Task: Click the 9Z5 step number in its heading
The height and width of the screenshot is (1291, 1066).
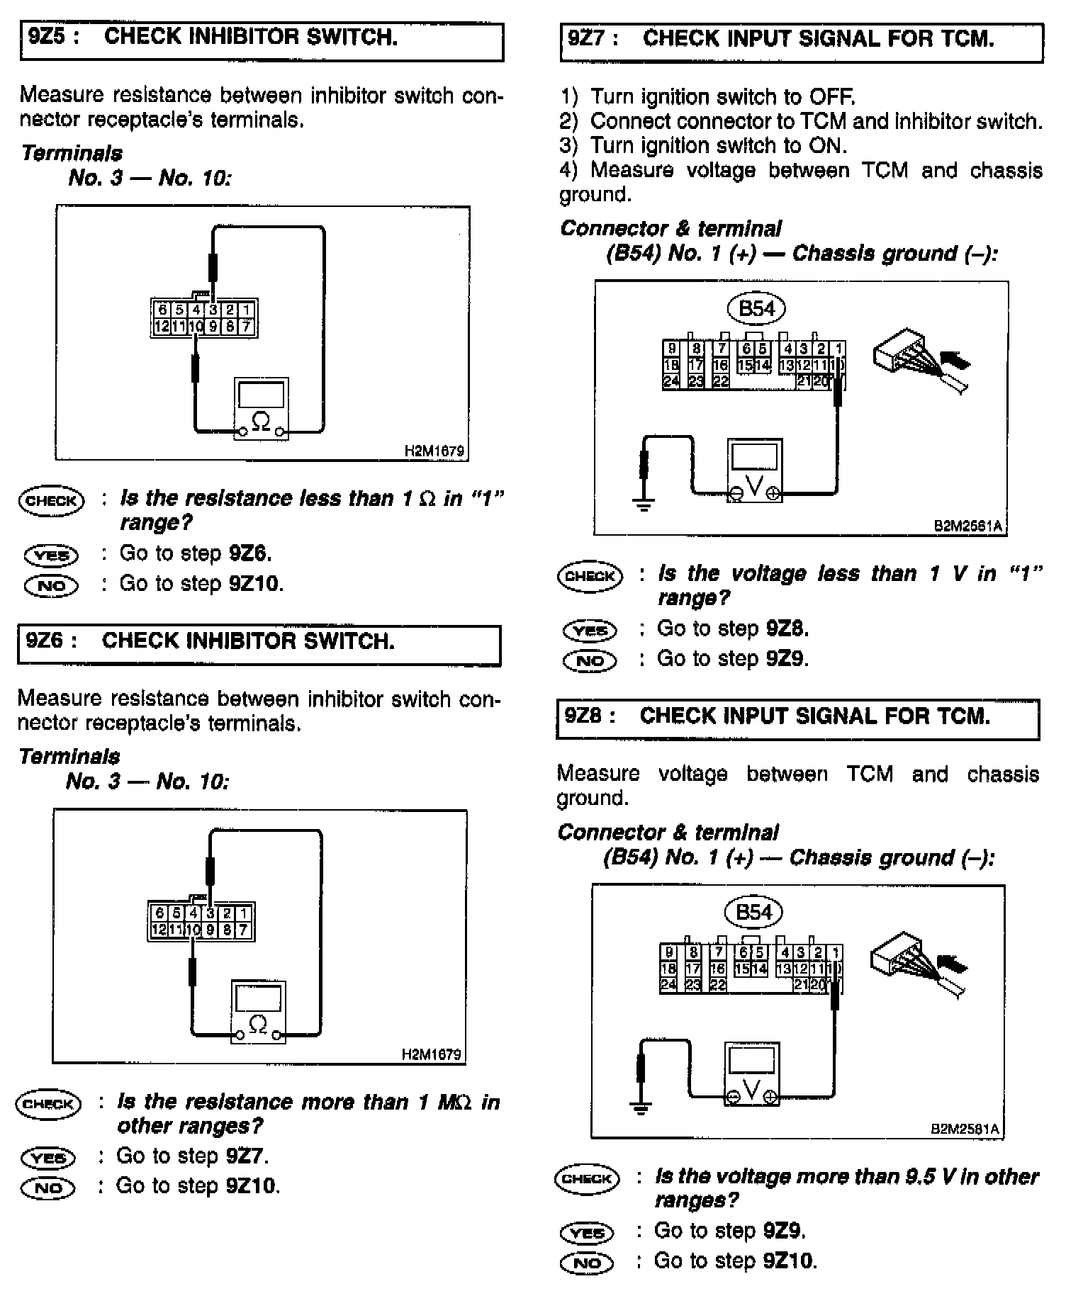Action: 46,38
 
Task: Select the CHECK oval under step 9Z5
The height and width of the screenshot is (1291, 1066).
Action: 51,501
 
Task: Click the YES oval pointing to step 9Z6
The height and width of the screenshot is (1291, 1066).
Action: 51,555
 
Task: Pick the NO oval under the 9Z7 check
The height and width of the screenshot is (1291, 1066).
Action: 589,661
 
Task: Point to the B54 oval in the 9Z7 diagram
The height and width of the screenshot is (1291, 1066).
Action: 756,309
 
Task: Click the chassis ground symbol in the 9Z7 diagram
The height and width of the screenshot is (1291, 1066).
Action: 644,505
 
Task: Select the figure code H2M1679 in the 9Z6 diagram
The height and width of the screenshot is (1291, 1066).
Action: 431,1054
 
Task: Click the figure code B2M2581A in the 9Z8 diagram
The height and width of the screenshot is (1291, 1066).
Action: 965,1129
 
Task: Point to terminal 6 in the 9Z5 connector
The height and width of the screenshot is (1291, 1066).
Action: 162,310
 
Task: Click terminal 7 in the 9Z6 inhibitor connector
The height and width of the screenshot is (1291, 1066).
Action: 242,930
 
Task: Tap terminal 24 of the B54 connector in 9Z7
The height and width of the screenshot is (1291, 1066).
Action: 671,381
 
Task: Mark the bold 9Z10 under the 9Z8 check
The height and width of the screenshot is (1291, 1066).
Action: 789,1261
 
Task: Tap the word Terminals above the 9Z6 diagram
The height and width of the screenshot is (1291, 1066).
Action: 69,757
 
